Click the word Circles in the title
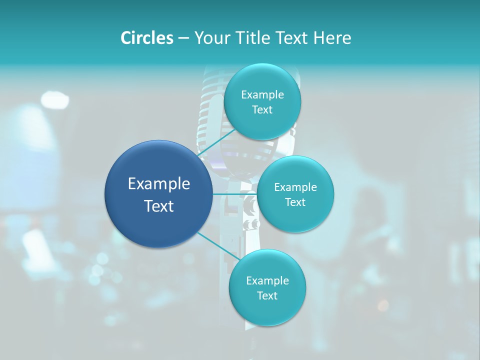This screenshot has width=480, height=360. click(146, 38)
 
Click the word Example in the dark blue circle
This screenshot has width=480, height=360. click(159, 184)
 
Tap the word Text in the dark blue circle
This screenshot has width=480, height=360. click(159, 206)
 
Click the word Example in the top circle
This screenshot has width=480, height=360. click(262, 95)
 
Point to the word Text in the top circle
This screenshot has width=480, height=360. click(262, 110)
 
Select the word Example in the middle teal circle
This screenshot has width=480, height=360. click(295, 187)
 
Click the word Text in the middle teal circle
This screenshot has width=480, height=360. click(295, 202)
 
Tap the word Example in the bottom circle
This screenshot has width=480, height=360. click(267, 281)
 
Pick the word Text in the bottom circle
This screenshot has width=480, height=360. click(267, 296)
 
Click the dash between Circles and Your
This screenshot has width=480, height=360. click(183, 38)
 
